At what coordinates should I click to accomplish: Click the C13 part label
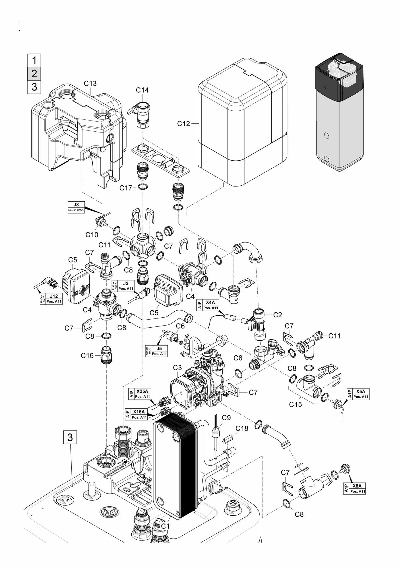90,83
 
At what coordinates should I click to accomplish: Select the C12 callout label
183,124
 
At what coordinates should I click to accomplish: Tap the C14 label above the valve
142,90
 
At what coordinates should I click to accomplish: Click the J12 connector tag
51,299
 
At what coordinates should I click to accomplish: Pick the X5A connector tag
358,394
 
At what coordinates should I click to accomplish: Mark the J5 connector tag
157,351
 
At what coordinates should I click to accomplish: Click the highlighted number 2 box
34,74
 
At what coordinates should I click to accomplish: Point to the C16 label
87,355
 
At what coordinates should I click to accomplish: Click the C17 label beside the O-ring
126,188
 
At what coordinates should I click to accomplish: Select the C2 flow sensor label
278,315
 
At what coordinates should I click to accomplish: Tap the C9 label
226,418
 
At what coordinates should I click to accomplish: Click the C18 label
242,428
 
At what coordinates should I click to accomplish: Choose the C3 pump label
177,368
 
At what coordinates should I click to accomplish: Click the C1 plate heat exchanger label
165,526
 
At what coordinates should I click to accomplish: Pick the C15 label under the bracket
295,404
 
